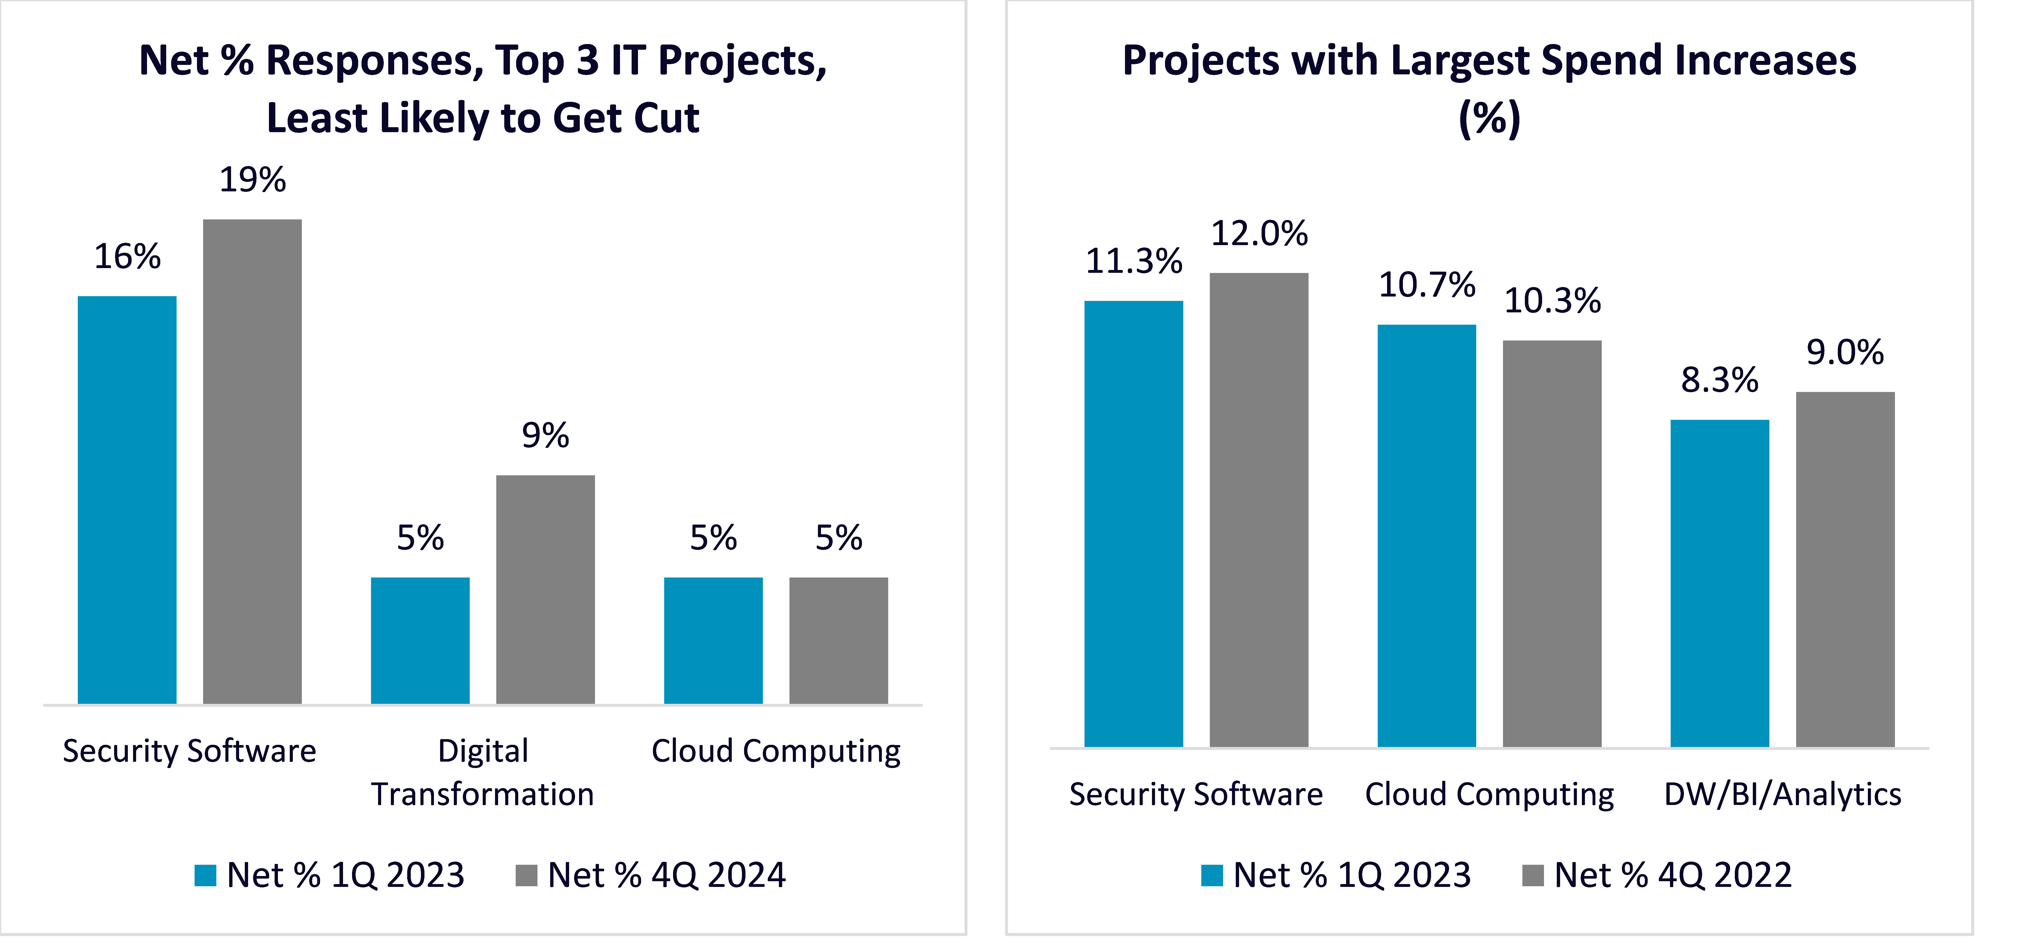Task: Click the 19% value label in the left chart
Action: tap(252, 180)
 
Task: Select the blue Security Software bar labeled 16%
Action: tap(127, 500)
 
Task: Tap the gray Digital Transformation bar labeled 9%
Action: tap(545, 589)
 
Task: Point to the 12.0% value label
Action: tap(1259, 234)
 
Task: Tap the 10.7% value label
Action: tap(1427, 285)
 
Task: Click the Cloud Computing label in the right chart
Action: tap(1489, 795)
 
